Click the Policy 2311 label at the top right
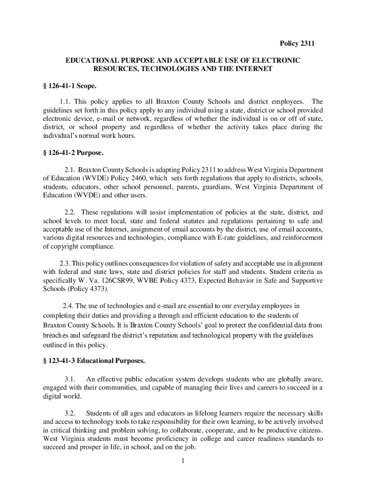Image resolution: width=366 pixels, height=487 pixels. tap(297, 44)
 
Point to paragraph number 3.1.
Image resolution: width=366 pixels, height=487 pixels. tap(70, 379)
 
